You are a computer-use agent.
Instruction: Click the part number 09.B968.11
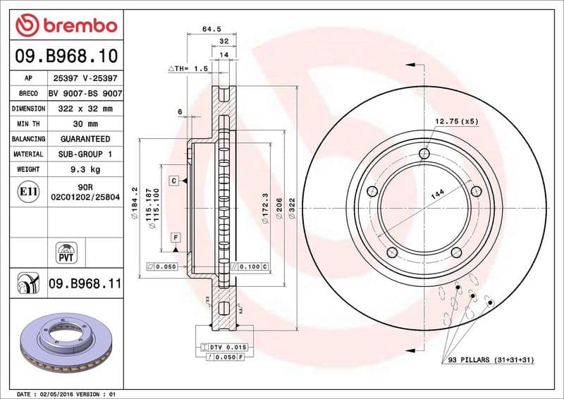pyautogui.click(x=85, y=284)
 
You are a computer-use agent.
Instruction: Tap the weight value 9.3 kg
pyautogui.click(x=85, y=169)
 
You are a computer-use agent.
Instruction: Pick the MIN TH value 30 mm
pyautogui.click(x=85, y=124)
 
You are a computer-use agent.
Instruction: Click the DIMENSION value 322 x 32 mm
pyautogui.click(x=85, y=109)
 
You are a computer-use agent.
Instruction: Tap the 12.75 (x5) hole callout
pyautogui.click(x=456, y=121)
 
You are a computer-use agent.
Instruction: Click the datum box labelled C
pyautogui.click(x=173, y=181)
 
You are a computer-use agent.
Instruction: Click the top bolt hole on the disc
pyautogui.click(x=423, y=154)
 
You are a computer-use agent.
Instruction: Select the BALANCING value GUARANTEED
pyautogui.click(x=85, y=139)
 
